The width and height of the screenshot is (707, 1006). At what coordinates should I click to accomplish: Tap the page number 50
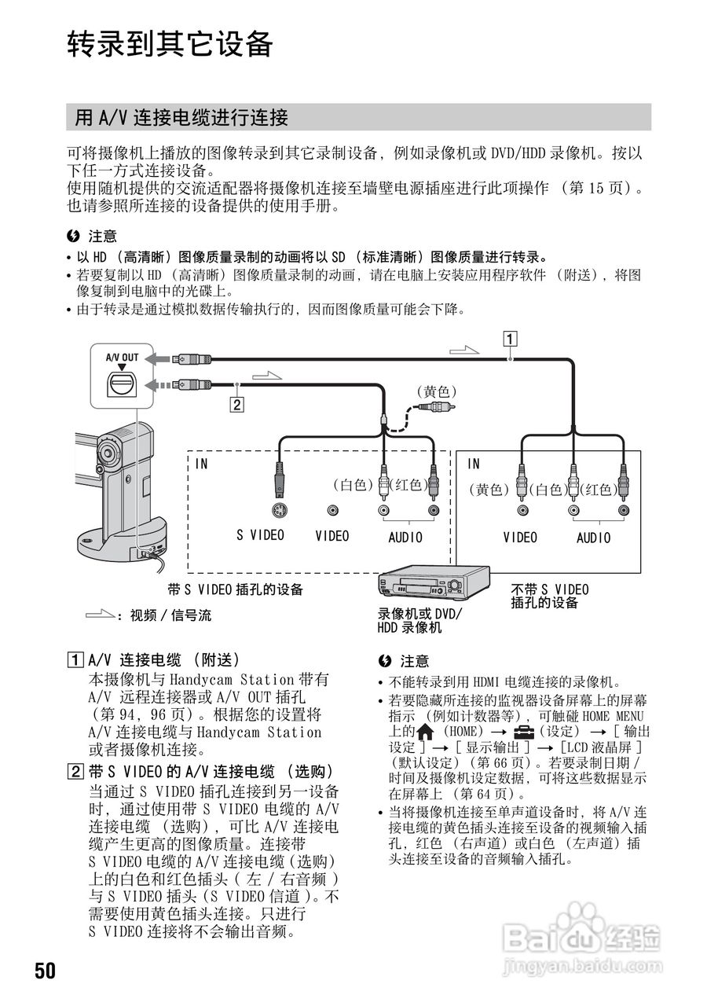[45, 970]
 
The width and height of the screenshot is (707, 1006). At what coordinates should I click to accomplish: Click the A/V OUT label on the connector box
[122, 358]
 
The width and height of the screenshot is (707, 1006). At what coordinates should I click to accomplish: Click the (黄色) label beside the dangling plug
[436, 391]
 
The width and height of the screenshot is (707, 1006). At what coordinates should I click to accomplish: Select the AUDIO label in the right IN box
[593, 538]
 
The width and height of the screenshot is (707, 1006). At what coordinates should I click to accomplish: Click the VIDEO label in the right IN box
[520, 538]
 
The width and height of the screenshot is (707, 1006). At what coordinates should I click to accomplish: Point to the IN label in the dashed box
[202, 464]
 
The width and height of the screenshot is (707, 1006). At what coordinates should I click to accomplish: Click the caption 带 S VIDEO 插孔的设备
[236, 589]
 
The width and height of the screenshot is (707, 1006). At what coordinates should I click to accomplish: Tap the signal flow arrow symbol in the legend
[100, 615]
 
